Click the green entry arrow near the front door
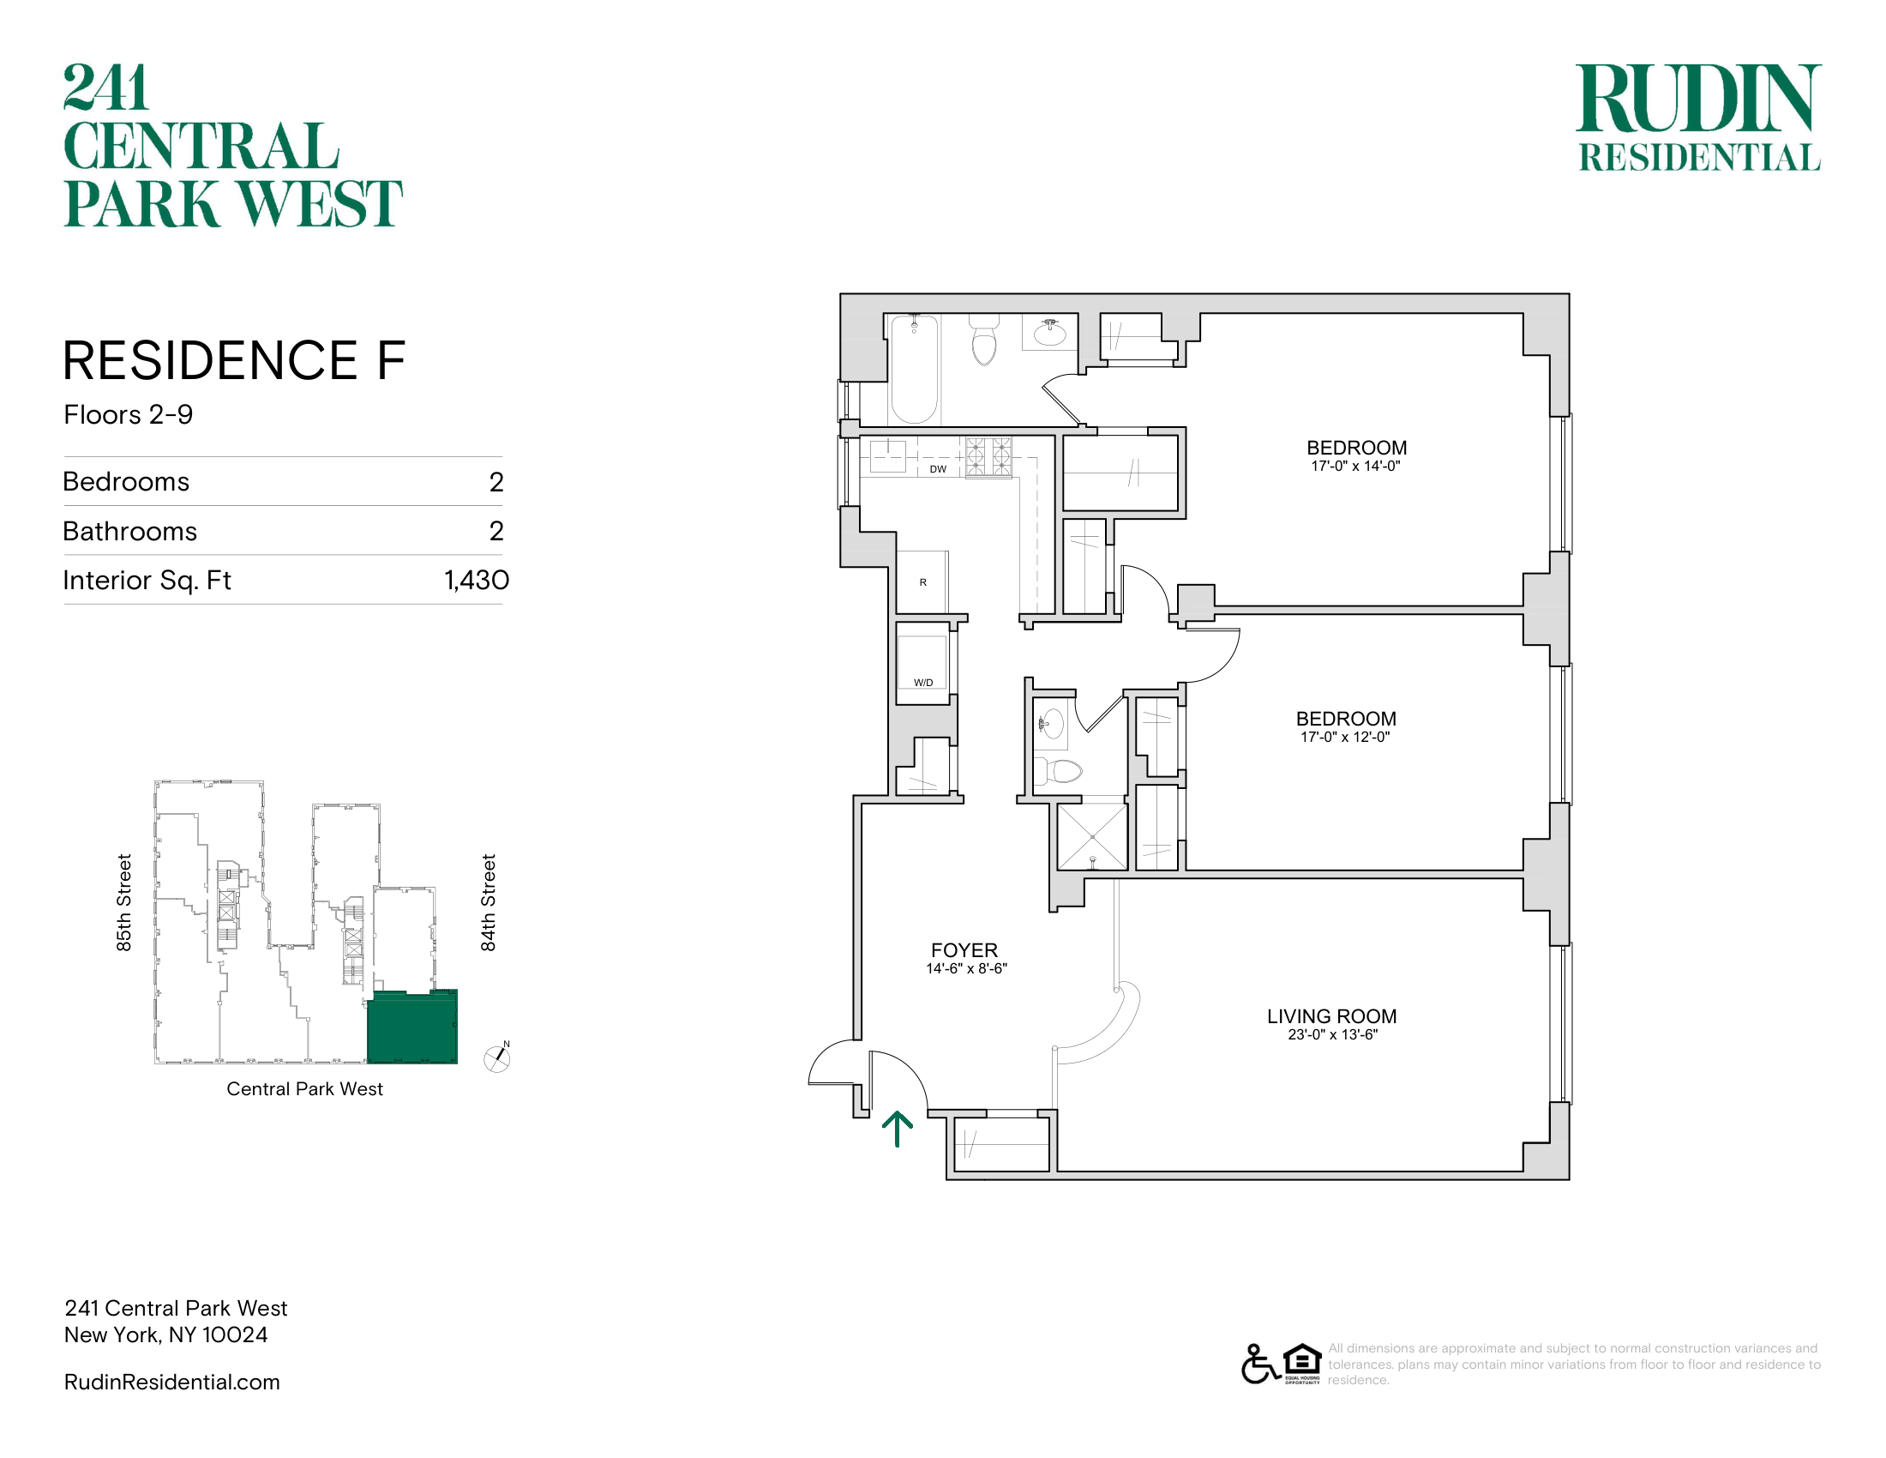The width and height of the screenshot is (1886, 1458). tap(898, 1129)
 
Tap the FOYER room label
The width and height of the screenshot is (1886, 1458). tap(964, 950)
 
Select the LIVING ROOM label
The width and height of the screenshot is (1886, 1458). tap(1331, 1016)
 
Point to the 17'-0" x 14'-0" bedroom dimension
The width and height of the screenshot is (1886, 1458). tap(1356, 467)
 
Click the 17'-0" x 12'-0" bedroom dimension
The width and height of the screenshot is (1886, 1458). tap(1345, 738)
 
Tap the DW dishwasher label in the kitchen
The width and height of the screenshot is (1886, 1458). tap(938, 470)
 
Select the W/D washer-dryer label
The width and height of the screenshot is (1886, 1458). tap(923, 683)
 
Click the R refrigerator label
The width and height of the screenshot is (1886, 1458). tap(923, 582)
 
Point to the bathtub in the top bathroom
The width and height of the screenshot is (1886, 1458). tap(914, 369)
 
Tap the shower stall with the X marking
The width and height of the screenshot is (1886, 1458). tap(1092, 837)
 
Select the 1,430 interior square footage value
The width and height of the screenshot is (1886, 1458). tap(477, 581)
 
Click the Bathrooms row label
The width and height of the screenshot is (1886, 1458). tap(130, 531)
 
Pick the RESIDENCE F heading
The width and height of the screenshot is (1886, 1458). tap(234, 360)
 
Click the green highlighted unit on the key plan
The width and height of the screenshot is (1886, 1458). tap(411, 1027)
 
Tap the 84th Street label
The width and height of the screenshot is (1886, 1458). tap(489, 902)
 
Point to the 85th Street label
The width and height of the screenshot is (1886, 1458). tap(124, 902)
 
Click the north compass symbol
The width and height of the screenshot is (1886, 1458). tap(497, 1057)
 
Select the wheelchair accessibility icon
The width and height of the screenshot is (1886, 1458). tap(1260, 1364)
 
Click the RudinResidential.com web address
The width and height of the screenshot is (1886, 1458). tap(171, 1382)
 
